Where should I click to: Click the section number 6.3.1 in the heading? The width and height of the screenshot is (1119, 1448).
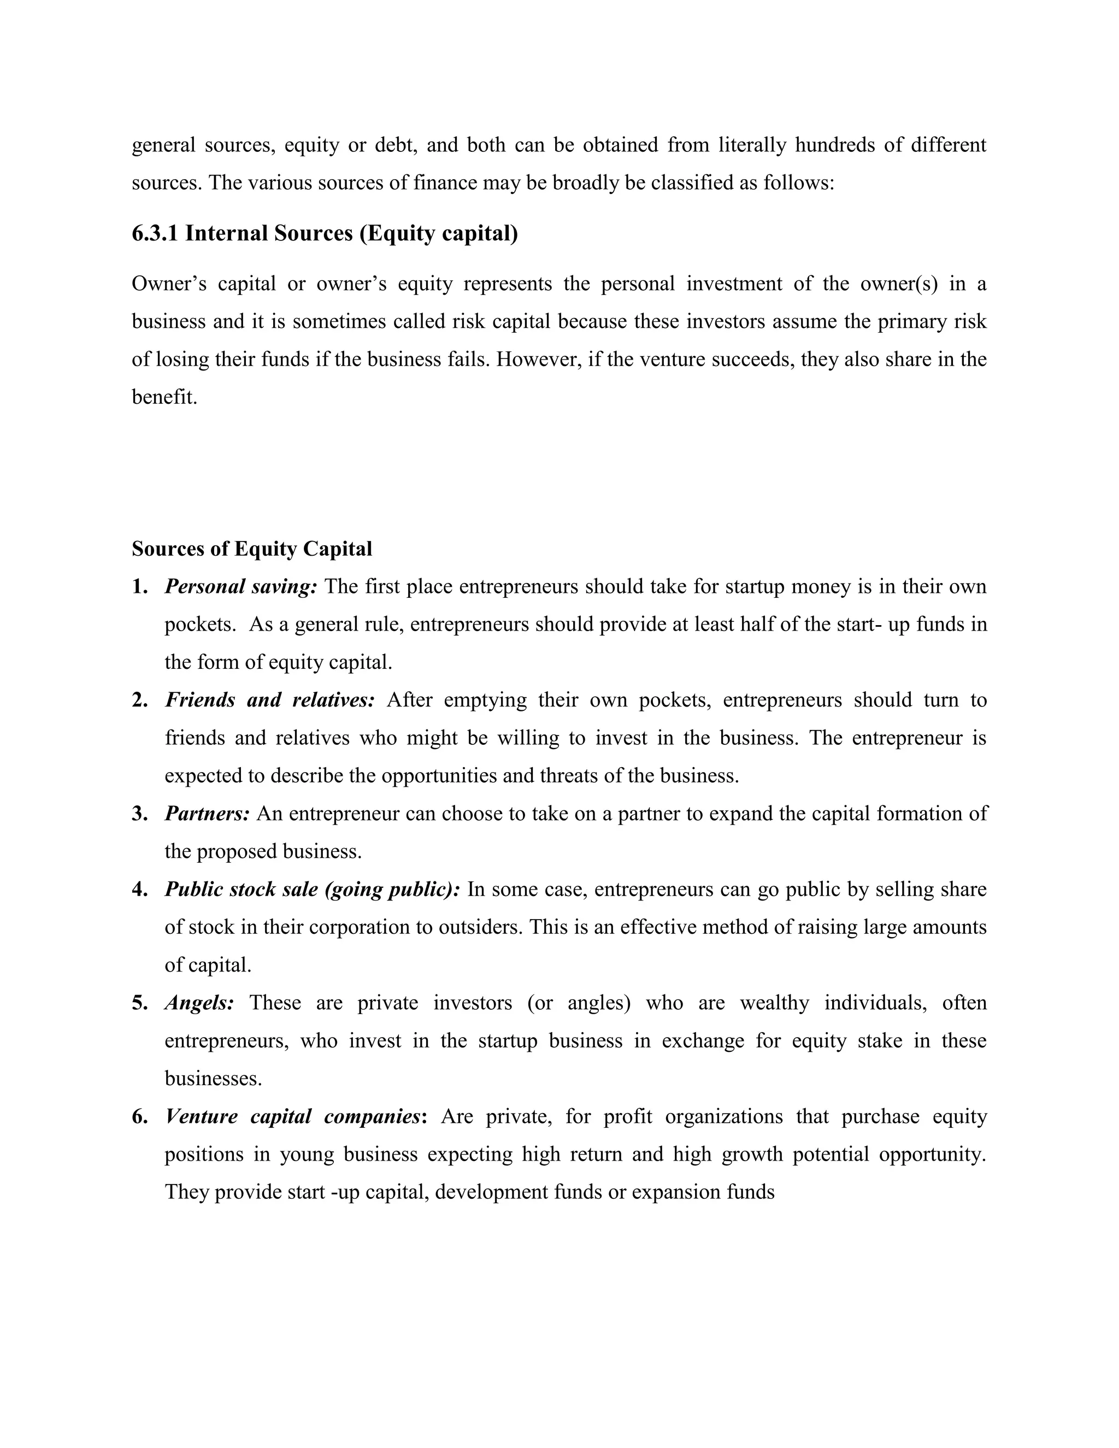click(155, 234)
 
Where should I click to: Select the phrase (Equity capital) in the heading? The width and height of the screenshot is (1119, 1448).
click(438, 234)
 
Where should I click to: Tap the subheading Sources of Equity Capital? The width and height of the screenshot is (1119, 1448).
click(252, 549)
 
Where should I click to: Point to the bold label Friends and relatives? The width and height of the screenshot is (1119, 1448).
click(270, 700)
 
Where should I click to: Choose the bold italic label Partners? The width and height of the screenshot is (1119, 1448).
click(207, 814)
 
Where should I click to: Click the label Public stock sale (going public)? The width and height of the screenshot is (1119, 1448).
click(312, 889)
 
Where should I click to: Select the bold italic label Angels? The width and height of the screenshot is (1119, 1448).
click(199, 1003)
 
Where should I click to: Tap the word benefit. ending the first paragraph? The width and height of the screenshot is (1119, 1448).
click(164, 397)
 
